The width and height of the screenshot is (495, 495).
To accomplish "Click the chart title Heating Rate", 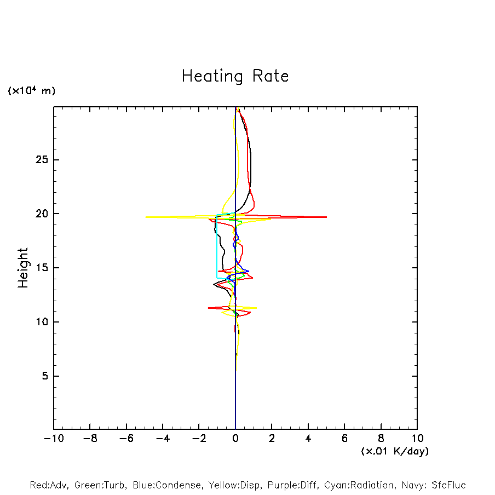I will click(235, 76).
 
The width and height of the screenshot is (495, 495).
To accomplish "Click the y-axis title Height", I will click(23, 268).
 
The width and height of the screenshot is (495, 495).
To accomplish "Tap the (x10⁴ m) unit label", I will click(31, 91).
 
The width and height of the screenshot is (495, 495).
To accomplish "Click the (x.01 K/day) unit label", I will click(394, 451).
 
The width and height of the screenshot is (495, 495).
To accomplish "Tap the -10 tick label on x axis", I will click(53, 439).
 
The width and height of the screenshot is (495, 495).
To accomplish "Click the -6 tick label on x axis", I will click(125, 439).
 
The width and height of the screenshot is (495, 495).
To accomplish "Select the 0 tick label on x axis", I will click(235, 439).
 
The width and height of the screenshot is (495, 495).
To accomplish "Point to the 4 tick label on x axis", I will click(308, 439).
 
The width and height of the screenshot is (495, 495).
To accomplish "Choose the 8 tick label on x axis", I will click(381, 439).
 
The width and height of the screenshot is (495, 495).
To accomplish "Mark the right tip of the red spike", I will click(326, 217).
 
